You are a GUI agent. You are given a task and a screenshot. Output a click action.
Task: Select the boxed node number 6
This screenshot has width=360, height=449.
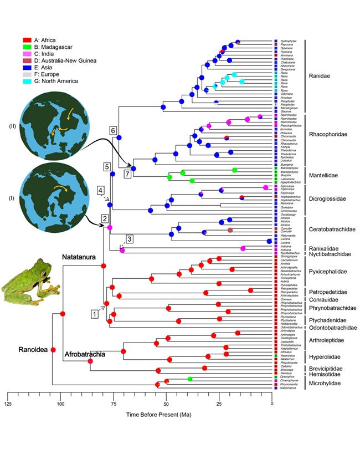pos(114,130)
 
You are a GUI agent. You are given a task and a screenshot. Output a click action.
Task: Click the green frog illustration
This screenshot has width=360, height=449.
pos(23,282)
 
